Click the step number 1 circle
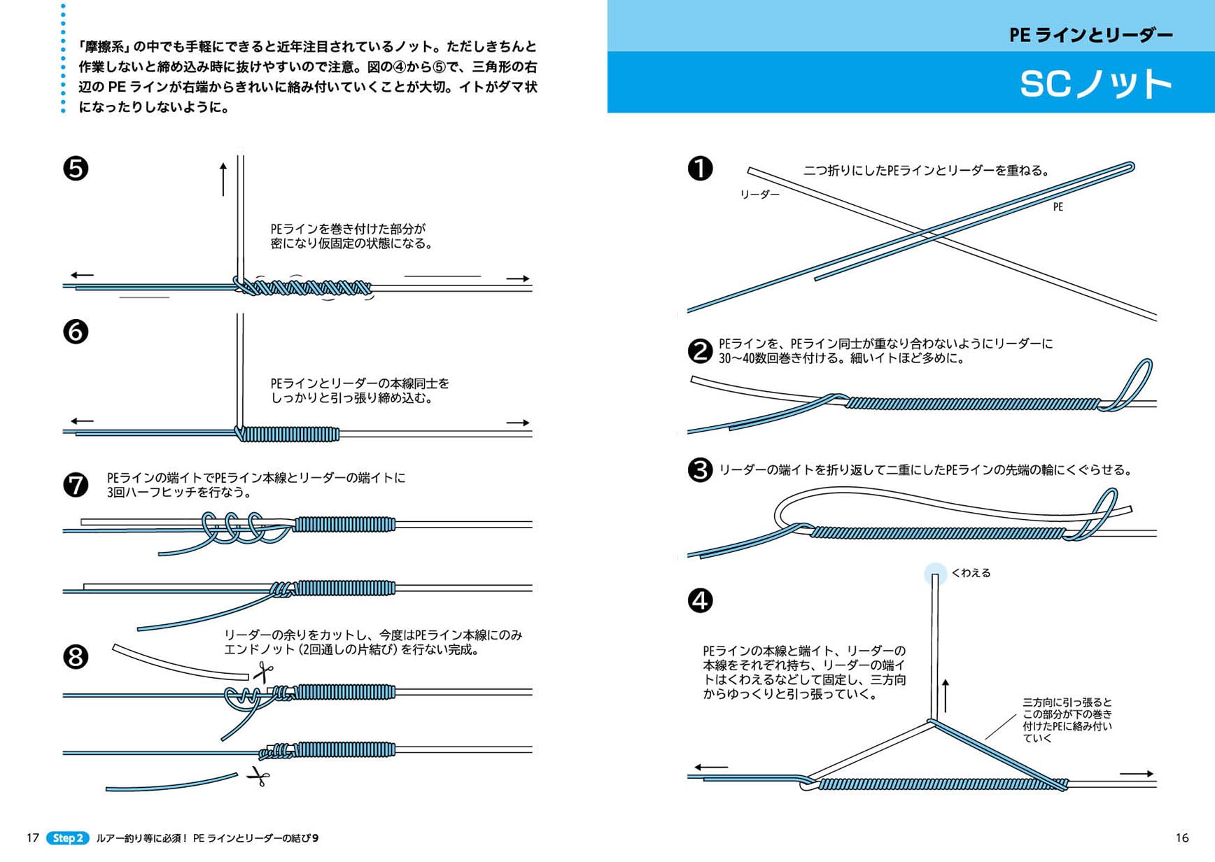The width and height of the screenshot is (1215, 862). coord(700,168)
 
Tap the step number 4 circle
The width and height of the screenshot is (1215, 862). coord(700,600)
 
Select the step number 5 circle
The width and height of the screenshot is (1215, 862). coord(76,168)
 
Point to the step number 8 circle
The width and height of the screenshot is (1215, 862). coord(76,657)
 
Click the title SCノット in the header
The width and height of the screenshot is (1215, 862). coord(1095,84)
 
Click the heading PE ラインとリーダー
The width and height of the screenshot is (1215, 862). coord(1090,35)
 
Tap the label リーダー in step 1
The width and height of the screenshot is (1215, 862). coord(759,195)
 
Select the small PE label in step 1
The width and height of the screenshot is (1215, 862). coord(1058,207)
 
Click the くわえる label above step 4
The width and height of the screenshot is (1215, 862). coord(971,573)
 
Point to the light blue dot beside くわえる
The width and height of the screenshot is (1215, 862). coord(935,574)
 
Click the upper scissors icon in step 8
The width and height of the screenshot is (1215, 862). coord(263,673)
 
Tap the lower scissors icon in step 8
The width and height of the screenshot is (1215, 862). coord(258,776)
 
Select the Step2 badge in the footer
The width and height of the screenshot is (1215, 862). coord(68,838)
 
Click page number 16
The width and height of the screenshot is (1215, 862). coord(1182,838)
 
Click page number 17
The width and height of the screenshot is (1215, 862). coord(33,838)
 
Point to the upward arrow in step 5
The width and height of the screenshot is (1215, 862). coord(223,179)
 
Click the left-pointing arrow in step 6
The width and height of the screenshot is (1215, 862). coord(82,421)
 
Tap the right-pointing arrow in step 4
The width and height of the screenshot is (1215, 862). coord(1136,774)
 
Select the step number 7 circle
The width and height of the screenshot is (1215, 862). coord(76,485)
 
